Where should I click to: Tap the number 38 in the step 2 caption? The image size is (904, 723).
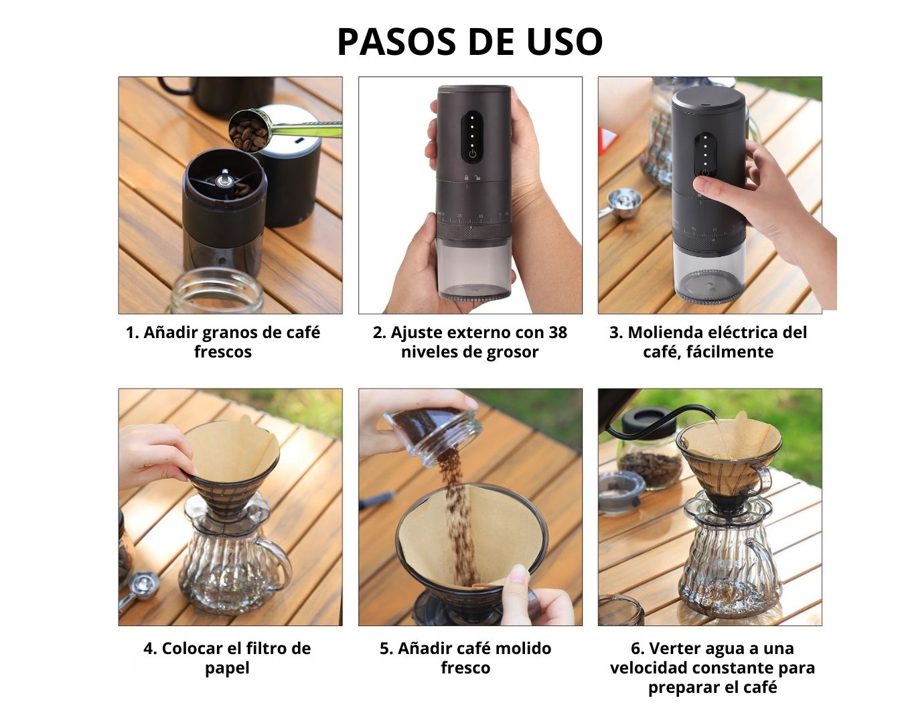pos(558,333)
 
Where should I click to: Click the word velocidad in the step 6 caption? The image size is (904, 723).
pos(652,668)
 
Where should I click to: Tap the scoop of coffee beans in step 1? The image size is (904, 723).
pos(248,131)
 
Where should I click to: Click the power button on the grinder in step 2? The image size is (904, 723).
pos(473,154)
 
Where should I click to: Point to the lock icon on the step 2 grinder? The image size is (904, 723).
pos(466,177)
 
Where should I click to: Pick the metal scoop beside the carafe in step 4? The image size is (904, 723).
pos(139,588)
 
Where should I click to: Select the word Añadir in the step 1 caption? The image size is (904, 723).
pos(171,333)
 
